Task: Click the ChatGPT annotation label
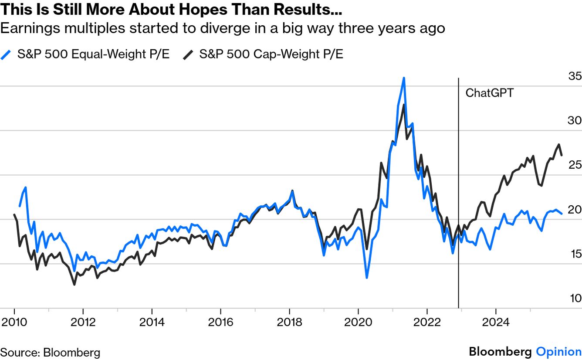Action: pyautogui.click(x=490, y=93)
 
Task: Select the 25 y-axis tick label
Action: pyautogui.click(x=575, y=165)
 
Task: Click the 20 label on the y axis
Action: pyautogui.click(x=575, y=210)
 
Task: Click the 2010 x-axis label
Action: pyautogui.click(x=14, y=323)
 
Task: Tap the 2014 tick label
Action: pyautogui.click(x=152, y=323)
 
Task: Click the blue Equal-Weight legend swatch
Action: pyautogui.click(x=6, y=54)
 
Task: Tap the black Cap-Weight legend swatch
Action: pyautogui.click(x=188, y=54)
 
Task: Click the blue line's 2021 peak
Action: pyautogui.click(x=404, y=78)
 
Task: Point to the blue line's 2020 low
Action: pyautogui.click(x=367, y=278)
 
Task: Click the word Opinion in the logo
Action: pyautogui.click(x=558, y=352)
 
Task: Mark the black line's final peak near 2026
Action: pyautogui.click(x=558, y=145)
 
